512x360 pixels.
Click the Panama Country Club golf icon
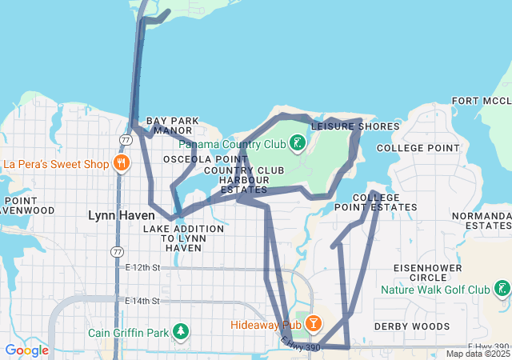[298, 144]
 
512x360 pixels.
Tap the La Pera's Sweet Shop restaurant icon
[122, 164]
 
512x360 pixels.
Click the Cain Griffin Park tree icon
[182, 332]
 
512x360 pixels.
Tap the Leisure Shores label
[354, 126]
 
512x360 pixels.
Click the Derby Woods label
[412, 326]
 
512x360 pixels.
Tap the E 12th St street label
[143, 266]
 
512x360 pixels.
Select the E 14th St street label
[143, 301]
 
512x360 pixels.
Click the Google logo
[26, 350]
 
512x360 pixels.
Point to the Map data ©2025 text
[477, 354]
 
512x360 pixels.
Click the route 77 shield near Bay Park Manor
[126, 140]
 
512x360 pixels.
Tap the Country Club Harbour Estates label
[244, 180]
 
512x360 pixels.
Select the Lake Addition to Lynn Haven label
[183, 238]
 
